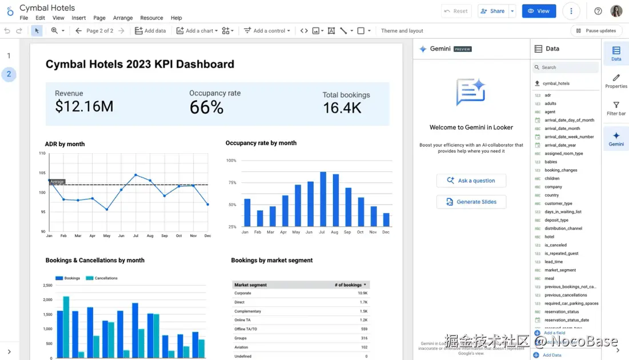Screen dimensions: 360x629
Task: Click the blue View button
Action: coord(538,11)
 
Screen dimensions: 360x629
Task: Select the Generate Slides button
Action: coord(471,202)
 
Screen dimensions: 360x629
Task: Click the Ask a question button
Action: coord(471,181)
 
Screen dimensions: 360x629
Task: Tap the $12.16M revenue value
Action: coord(84,106)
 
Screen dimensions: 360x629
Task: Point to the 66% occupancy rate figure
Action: coord(206,107)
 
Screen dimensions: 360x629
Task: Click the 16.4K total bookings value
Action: coord(342,107)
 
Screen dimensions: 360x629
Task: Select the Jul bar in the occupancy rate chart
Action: coord(323,199)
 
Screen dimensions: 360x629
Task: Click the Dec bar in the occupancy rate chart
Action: coord(386,219)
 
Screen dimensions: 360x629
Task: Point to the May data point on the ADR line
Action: coord(107,209)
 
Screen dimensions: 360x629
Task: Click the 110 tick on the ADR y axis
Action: coord(42,153)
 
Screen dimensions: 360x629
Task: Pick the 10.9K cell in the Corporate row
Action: coord(362,293)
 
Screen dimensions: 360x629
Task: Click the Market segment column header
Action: coord(251,285)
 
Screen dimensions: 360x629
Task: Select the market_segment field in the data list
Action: coord(560,270)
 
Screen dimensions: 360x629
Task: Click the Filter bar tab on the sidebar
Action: coord(616,108)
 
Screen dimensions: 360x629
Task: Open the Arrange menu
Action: coord(122,18)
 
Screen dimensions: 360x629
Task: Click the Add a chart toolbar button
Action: coord(197,31)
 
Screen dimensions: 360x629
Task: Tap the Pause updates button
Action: coord(596,31)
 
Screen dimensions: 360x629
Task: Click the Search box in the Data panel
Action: coord(566,67)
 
